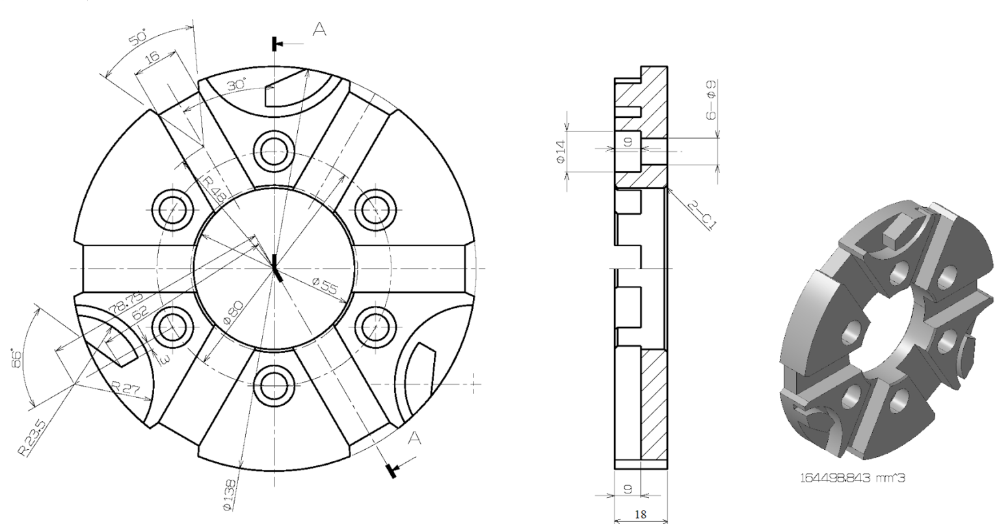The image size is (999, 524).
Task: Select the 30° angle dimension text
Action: pos(237,85)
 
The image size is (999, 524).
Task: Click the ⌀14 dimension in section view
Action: pos(561,151)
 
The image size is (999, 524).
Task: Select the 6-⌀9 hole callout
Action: pos(711,100)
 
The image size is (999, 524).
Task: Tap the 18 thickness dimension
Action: pos(640,514)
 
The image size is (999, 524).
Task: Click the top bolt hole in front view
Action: pos(274,150)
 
